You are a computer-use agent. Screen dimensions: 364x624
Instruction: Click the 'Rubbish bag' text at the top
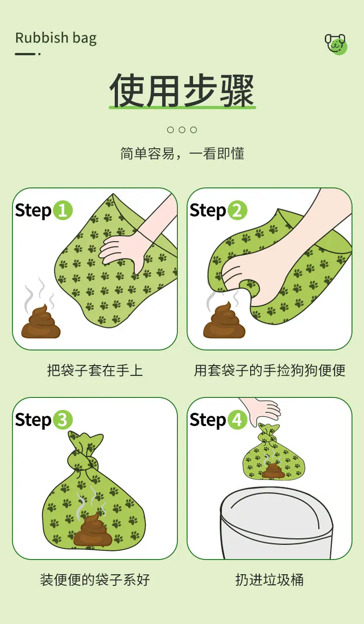point(56,38)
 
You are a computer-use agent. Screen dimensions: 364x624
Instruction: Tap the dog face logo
point(336,44)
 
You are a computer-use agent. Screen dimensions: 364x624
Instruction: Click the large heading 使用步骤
point(182,91)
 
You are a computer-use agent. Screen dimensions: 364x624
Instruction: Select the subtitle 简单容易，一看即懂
point(182,153)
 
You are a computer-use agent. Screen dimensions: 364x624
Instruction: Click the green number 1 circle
point(63,210)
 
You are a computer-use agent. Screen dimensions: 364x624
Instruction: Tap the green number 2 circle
point(237,210)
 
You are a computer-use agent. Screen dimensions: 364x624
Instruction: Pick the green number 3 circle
point(63,420)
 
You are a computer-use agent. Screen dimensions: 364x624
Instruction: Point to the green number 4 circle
point(237,420)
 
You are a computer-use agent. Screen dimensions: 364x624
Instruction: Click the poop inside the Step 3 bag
point(93,529)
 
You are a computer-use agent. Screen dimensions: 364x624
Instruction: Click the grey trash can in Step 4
point(276,523)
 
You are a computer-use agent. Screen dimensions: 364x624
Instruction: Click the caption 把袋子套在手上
point(95,371)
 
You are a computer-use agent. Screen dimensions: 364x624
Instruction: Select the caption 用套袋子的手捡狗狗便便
point(270,371)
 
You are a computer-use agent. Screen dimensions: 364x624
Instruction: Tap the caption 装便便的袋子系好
point(95,580)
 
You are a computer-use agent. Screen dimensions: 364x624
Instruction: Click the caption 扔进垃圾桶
point(270,580)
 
